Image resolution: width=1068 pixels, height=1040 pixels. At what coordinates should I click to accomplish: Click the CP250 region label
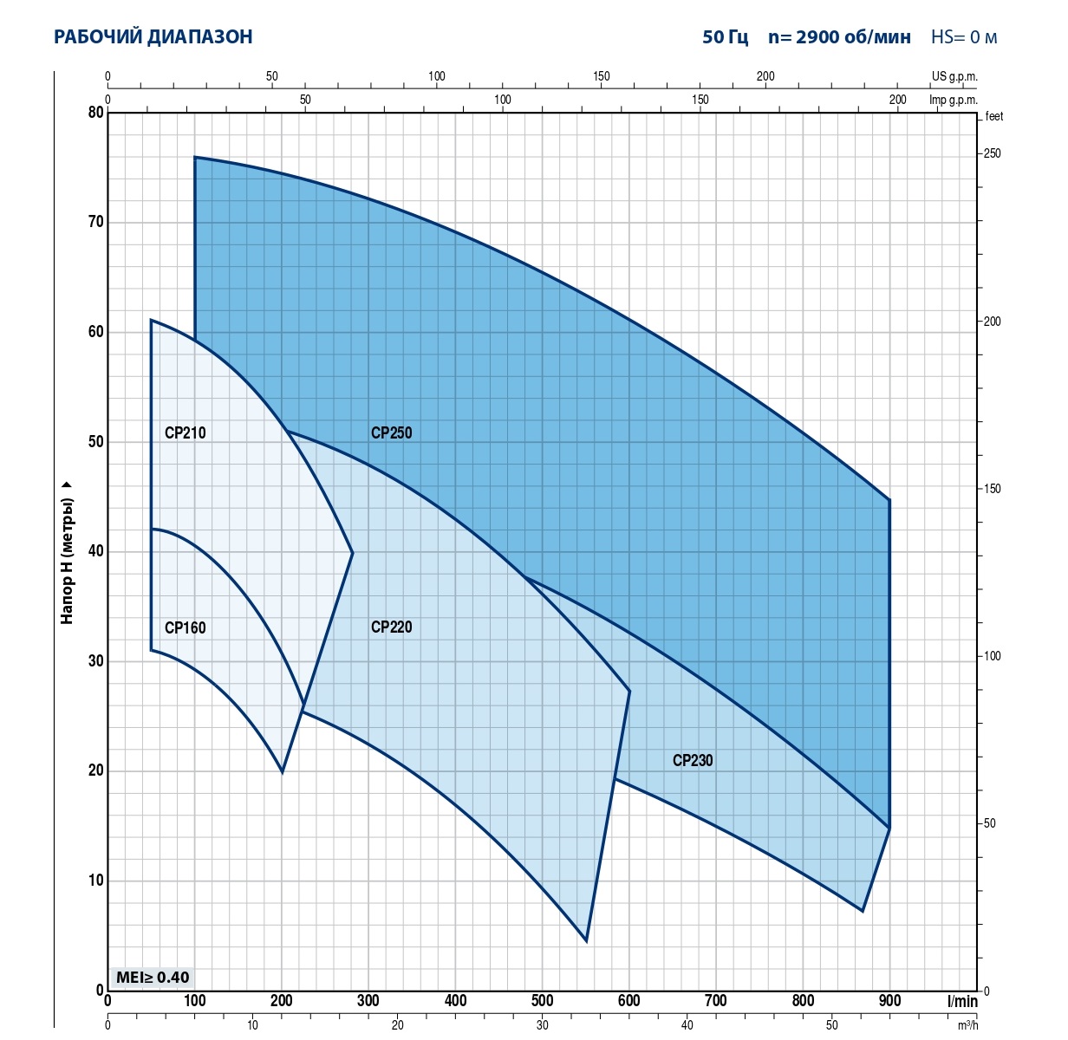pos(391,433)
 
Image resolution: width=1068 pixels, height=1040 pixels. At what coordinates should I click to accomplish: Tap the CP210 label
pos(185,433)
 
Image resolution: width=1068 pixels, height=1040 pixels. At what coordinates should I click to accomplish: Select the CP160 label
pos(185,628)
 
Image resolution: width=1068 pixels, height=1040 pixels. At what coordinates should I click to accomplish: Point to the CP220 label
pos(391,627)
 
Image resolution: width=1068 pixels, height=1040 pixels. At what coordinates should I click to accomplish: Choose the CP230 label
pos(693,761)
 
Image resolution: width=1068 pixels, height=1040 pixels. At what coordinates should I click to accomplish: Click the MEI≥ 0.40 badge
pos(153,978)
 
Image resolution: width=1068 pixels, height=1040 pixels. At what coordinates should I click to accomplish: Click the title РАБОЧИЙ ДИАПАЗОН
pos(153,37)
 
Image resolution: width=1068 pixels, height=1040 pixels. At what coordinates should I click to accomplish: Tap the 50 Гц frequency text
pos(725,37)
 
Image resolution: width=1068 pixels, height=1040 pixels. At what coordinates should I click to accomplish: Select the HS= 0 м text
pos(964,37)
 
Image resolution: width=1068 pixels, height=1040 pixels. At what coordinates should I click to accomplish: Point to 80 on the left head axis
pos(95,113)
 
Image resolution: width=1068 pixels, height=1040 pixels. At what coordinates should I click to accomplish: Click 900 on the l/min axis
pos(889,1002)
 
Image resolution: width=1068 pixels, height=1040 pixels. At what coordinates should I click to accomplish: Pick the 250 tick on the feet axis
pos(992,154)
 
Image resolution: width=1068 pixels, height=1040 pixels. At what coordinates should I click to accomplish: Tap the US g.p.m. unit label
pos(954,76)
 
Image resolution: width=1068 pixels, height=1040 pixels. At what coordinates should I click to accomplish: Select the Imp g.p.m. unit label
pos(954,100)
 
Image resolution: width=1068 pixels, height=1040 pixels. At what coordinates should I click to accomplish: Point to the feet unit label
pos(994,117)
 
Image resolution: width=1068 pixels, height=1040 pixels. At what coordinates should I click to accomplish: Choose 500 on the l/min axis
pos(542,1002)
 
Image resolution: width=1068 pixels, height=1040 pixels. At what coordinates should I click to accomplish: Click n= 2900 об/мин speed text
pos(839,37)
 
